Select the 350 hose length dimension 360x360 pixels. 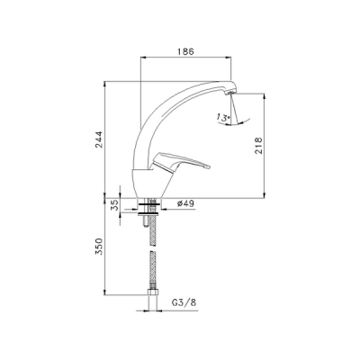click(x=101, y=247)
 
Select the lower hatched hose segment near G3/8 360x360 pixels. click(x=149, y=274)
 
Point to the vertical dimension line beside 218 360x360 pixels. click(x=264, y=144)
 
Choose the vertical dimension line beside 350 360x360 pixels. click(x=108, y=247)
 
